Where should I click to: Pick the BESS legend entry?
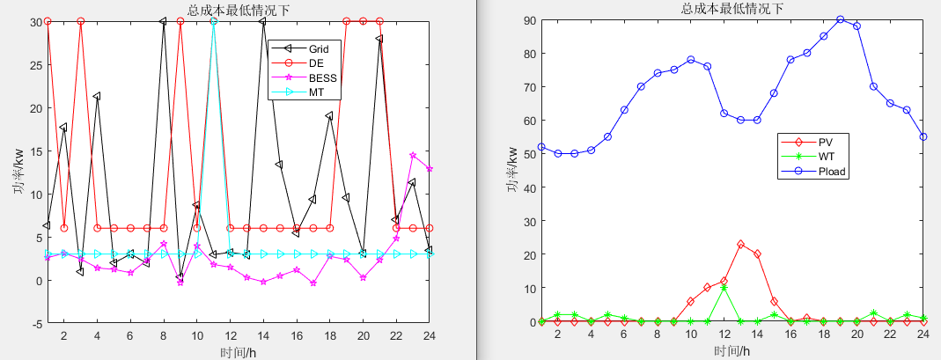pyautogui.click(x=322, y=77)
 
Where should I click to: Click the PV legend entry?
pyautogui.click(x=825, y=142)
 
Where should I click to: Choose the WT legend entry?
pyautogui.click(x=826, y=157)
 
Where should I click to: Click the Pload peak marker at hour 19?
pyautogui.click(x=841, y=19)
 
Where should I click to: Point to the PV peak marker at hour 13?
pyautogui.click(x=741, y=244)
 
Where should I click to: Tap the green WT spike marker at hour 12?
pyautogui.click(x=724, y=288)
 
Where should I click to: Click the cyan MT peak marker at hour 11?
pyautogui.click(x=213, y=21)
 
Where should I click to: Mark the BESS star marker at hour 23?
pyautogui.click(x=413, y=156)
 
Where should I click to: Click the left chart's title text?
pyautogui.click(x=239, y=10)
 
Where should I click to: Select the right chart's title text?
pyautogui.click(x=732, y=9)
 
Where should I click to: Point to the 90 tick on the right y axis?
pyautogui.click(x=530, y=19)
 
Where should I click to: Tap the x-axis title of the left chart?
pyautogui.click(x=239, y=352)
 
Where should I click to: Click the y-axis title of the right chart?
pyautogui.click(x=511, y=171)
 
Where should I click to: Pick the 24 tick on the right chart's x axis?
pyautogui.click(x=923, y=335)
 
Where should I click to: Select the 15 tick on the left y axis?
pyautogui.click(x=35, y=151)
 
